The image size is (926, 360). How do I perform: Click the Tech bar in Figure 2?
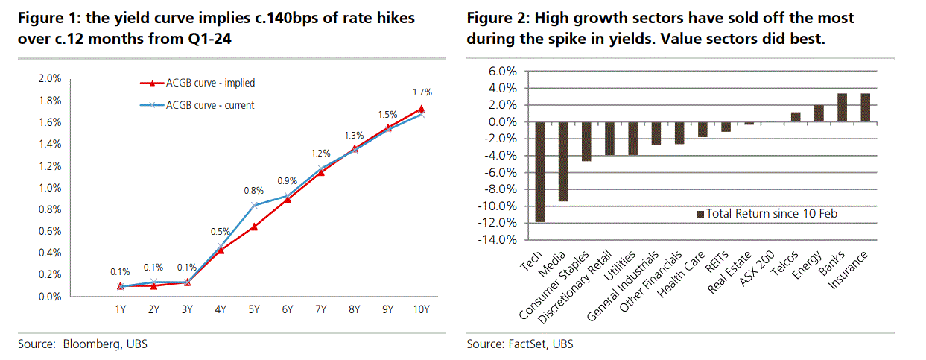tap(540, 171)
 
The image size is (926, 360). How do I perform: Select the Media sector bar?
tap(563, 161)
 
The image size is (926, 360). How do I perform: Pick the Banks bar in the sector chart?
tap(842, 107)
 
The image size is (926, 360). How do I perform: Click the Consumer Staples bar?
tap(586, 141)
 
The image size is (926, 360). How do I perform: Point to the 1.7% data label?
tap(422, 92)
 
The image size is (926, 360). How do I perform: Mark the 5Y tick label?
tap(255, 309)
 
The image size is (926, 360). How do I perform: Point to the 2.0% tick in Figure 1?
tap(49, 78)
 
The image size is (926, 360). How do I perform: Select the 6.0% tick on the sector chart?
tap(501, 72)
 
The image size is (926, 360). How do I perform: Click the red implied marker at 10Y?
tap(422, 109)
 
